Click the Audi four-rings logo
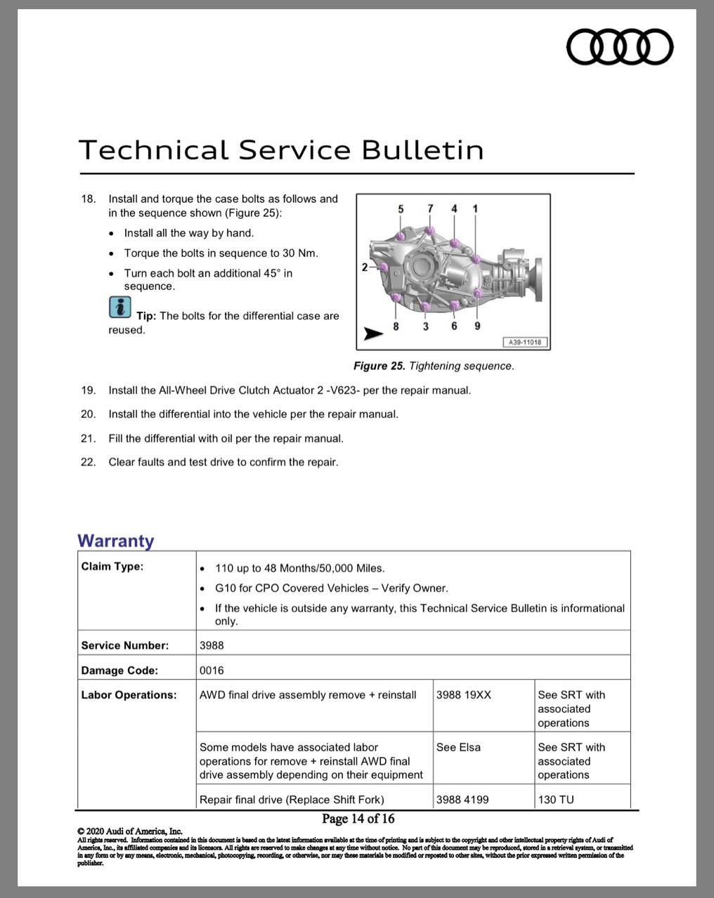click(620, 47)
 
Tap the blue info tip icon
click(120, 307)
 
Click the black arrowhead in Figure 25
click(373, 334)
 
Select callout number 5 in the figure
click(401, 209)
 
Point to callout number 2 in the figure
click(365, 267)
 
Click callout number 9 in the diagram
click(477, 326)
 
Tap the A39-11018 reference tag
click(525, 342)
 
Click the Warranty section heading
click(116, 541)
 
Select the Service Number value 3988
click(212, 645)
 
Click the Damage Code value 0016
click(212, 670)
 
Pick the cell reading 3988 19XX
click(464, 695)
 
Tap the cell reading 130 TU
click(556, 800)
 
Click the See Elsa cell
click(458, 747)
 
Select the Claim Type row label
click(112, 567)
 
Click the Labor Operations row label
click(129, 695)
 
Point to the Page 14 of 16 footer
click(358, 819)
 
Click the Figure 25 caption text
click(434, 366)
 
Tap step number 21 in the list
click(88, 439)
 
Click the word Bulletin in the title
click(422, 150)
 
